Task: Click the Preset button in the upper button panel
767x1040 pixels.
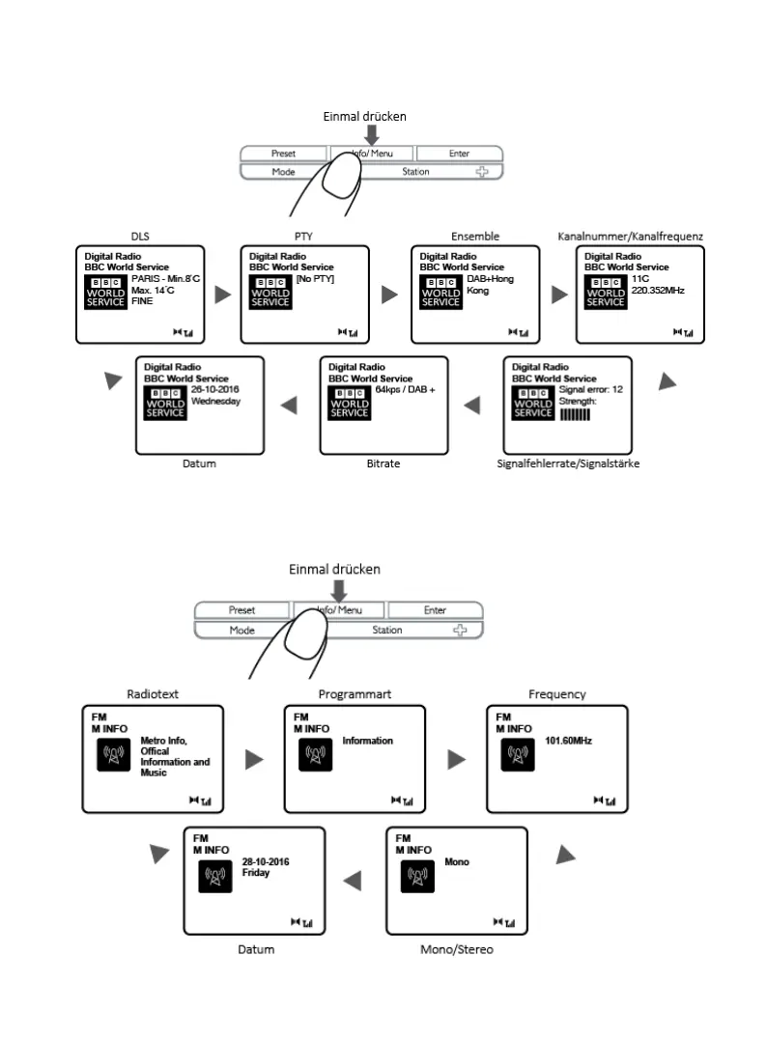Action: click(x=284, y=154)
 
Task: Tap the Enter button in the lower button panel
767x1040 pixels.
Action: click(x=435, y=610)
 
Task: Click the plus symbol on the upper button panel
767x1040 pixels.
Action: click(x=481, y=172)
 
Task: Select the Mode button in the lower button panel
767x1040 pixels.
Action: click(x=241, y=631)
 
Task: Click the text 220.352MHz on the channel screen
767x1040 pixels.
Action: click(x=658, y=290)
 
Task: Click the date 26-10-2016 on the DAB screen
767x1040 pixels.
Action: click(x=214, y=390)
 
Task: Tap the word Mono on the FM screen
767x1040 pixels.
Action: click(x=457, y=861)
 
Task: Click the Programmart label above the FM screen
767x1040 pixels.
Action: click(x=355, y=694)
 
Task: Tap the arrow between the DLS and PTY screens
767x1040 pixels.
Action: click(x=223, y=295)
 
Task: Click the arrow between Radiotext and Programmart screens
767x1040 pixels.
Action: click(x=254, y=760)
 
